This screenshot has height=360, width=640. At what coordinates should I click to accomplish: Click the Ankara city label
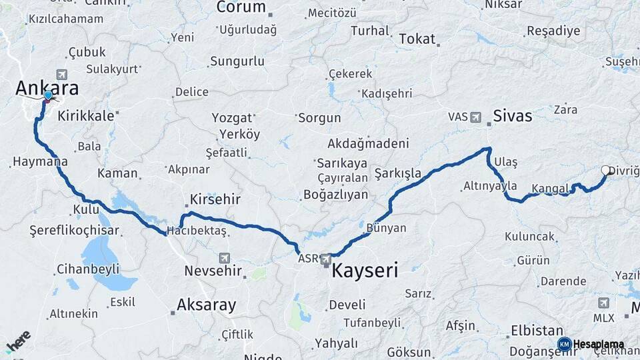coord(47,88)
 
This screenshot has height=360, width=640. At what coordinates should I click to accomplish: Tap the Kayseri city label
coord(365,271)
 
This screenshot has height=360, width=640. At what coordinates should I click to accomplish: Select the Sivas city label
coord(513,116)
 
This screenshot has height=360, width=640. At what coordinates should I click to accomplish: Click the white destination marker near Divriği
coord(606,171)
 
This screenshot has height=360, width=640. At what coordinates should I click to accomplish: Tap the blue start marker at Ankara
coord(48,96)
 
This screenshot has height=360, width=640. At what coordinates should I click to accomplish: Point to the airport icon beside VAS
coord(475,117)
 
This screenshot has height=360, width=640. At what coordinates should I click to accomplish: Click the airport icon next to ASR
coord(325,259)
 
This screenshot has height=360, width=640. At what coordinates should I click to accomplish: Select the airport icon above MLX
coord(604,303)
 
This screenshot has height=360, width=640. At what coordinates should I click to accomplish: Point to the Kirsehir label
coord(215,199)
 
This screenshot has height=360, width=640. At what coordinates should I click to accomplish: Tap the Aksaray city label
coord(206,305)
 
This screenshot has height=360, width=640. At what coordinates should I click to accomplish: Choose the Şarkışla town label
coord(397,173)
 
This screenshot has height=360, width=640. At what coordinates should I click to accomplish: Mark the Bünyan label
coord(386,228)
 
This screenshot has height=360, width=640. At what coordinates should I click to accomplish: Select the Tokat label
coord(417,39)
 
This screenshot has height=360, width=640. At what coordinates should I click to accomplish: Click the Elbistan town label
coord(537,330)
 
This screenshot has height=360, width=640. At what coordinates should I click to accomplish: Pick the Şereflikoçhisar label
coord(74,231)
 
